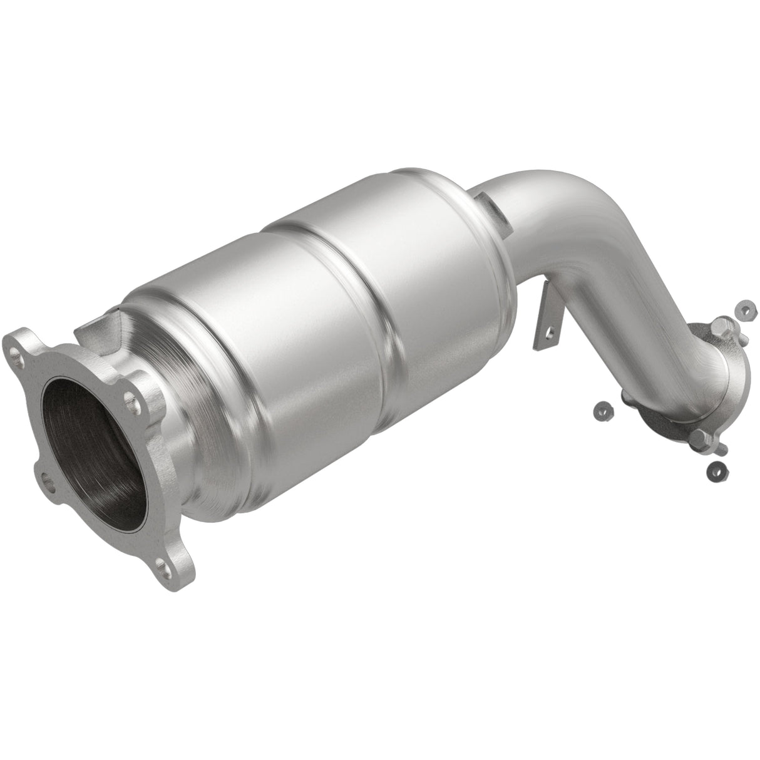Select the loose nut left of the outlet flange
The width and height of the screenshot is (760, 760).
603,411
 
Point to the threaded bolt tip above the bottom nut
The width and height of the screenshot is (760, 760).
722,449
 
